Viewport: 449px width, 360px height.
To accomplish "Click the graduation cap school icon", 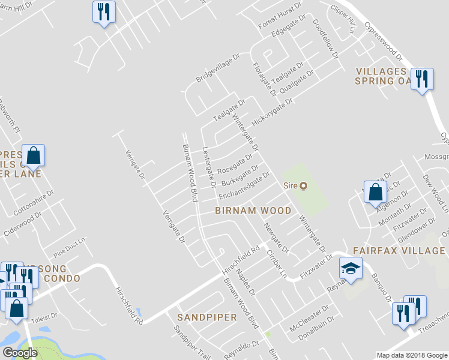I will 349,268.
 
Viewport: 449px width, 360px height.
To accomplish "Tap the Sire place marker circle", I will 303,186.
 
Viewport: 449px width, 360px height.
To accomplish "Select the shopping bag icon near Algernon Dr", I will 375,192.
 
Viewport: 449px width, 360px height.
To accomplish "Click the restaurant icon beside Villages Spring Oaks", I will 422,79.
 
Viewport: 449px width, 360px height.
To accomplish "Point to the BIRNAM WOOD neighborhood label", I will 253,211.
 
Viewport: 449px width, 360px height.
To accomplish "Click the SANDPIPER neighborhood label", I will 206,316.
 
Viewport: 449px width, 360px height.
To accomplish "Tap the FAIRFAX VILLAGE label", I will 399,251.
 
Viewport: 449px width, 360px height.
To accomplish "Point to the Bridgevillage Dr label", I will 217,71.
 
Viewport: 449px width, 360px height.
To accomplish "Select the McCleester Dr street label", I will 309,317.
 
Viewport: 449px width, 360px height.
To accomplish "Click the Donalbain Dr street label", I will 316,328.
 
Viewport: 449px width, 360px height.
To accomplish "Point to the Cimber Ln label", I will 276,263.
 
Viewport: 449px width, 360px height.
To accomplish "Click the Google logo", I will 20,353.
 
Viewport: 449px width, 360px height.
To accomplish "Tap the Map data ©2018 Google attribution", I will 411,355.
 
